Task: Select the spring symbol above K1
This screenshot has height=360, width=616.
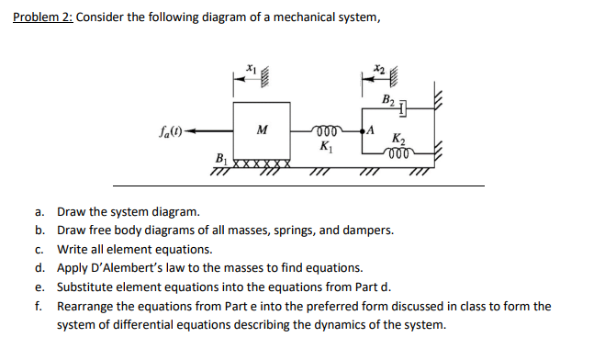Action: point(326,130)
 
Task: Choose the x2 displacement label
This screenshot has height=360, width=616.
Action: point(378,65)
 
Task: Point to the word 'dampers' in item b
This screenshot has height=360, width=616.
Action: point(368,231)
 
